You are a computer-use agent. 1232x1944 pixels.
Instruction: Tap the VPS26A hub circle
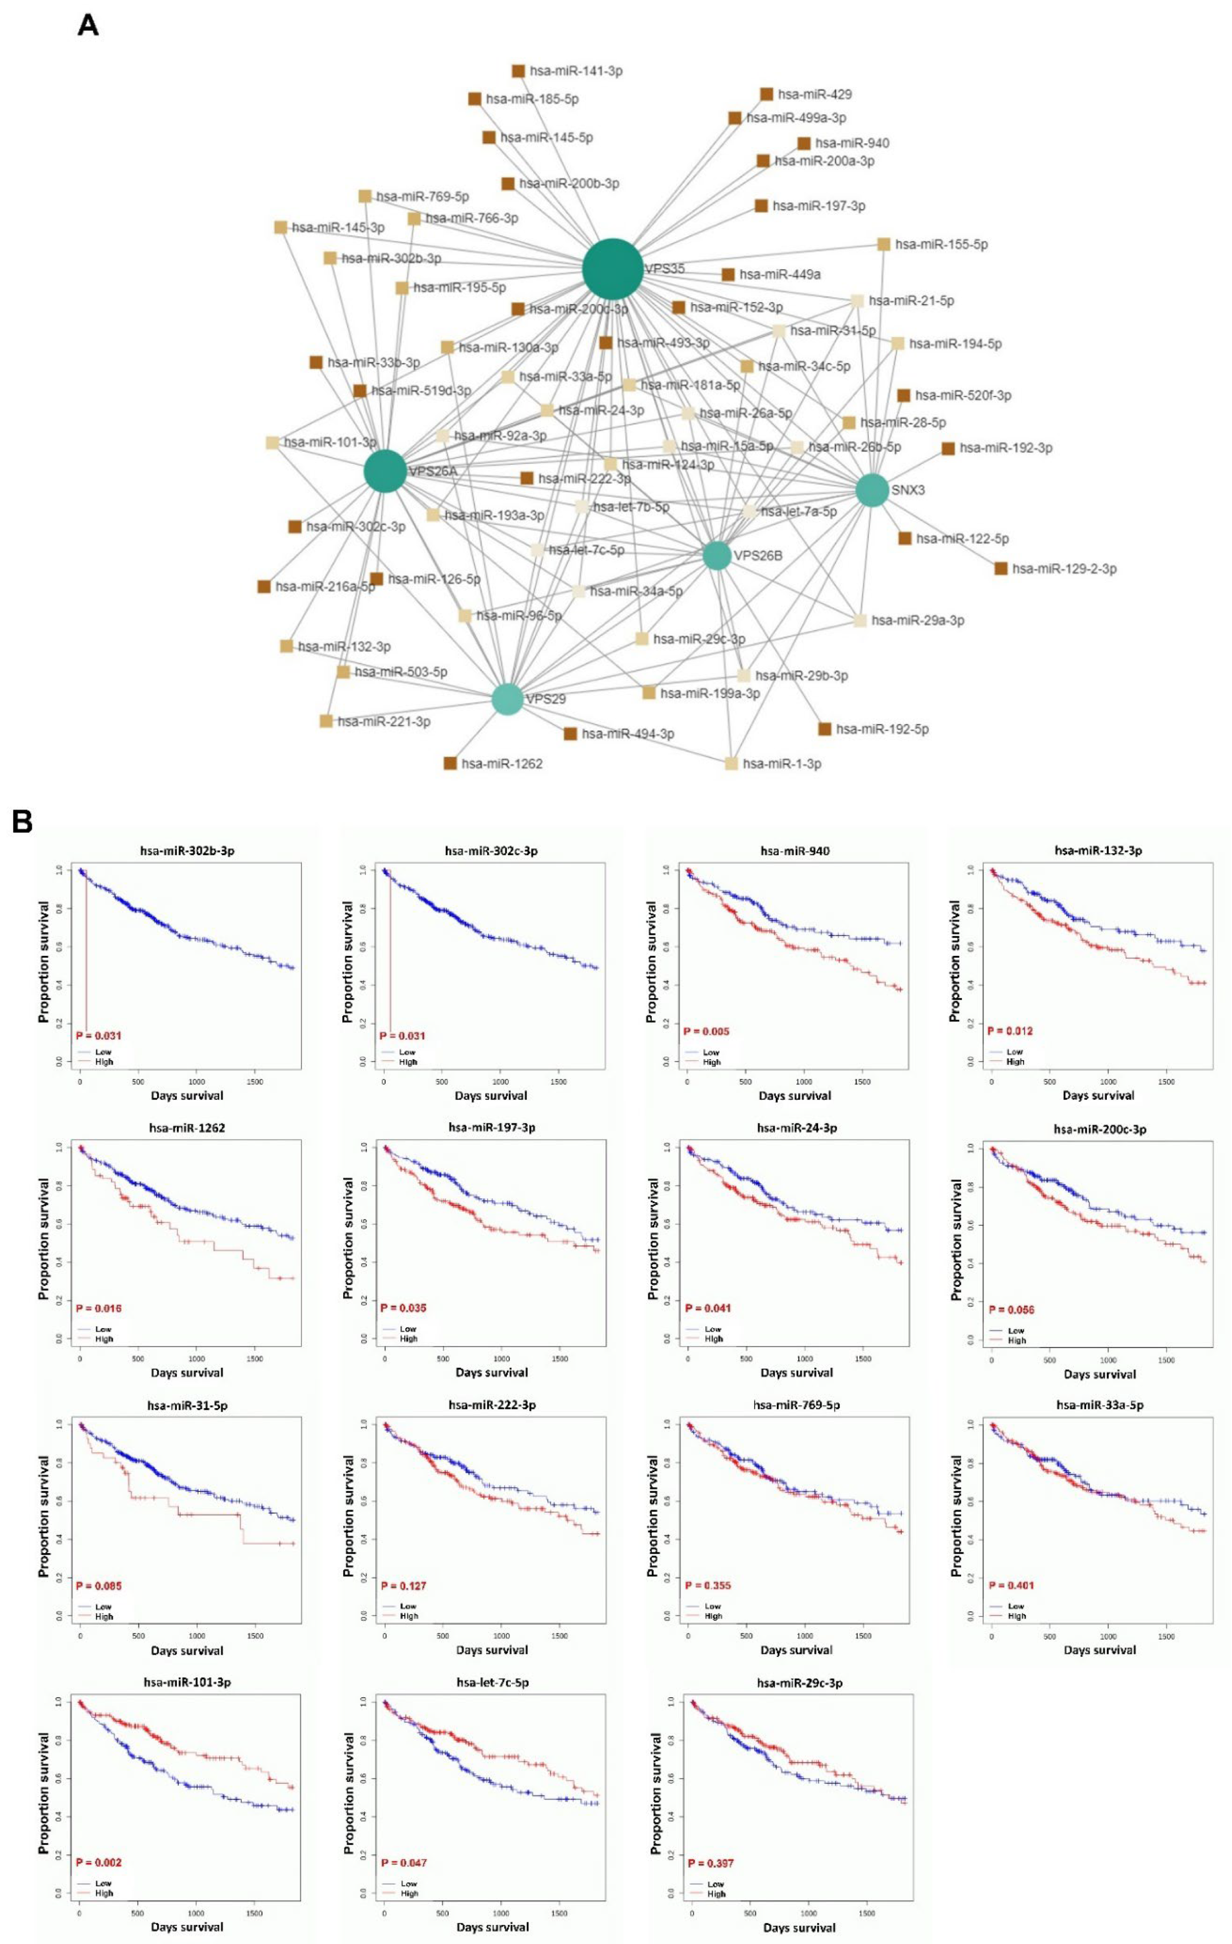point(385,472)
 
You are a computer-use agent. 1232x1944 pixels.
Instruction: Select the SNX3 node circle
point(872,490)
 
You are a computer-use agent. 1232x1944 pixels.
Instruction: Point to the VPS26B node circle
point(717,555)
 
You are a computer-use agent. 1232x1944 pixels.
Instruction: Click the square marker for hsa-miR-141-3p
point(519,71)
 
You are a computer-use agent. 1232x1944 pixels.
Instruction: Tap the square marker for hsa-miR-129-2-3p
point(1001,569)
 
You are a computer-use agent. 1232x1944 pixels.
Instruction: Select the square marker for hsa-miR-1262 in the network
point(450,763)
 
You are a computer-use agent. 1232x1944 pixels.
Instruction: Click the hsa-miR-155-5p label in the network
point(941,244)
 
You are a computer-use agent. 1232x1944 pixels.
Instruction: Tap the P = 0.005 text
point(707,1031)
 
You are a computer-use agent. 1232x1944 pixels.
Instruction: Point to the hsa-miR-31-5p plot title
point(187,1405)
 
